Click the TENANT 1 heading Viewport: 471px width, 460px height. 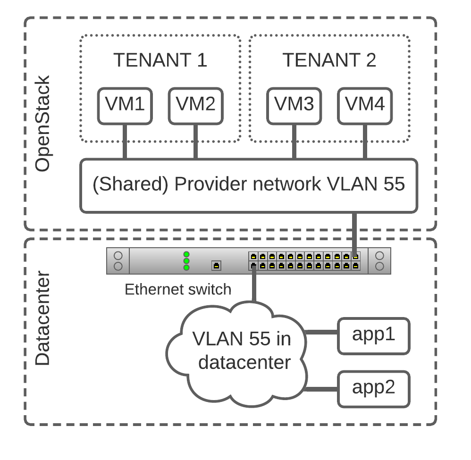coord(160,60)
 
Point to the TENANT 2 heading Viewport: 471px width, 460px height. coord(329,60)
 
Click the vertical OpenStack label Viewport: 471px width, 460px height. coord(42,124)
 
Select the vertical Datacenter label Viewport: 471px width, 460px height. coord(42,318)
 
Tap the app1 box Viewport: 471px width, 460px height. coord(373,335)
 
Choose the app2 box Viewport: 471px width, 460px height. coord(373,389)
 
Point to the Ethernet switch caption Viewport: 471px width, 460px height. coord(178,289)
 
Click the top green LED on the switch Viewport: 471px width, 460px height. coord(186,254)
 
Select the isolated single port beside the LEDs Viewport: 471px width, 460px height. coord(216,266)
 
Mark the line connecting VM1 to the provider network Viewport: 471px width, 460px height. coord(125,142)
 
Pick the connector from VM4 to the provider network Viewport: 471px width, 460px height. coord(365,142)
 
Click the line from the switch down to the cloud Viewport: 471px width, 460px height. coord(254,285)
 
